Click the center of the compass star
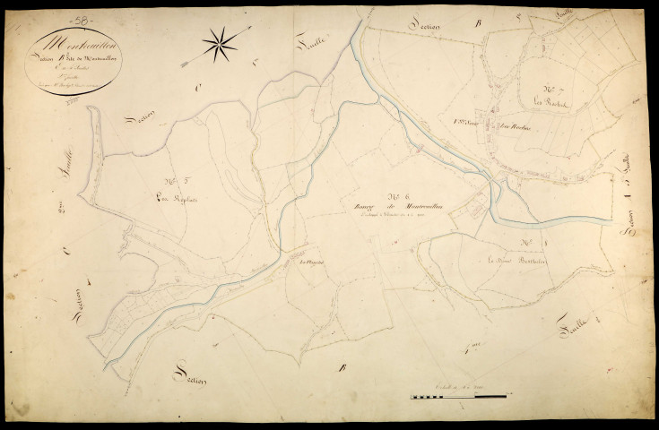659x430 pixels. tap(221, 41)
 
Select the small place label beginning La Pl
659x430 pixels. tap(310, 262)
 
